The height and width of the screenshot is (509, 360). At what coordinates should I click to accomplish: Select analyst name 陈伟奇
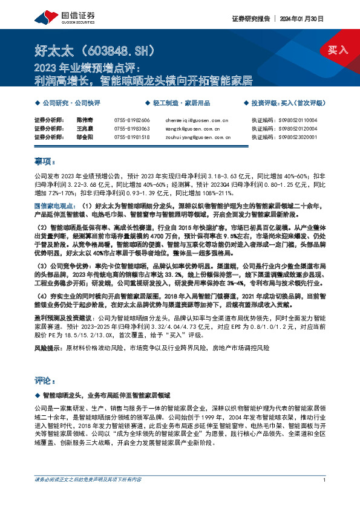(x=86, y=121)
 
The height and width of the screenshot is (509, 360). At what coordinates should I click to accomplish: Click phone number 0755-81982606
(x=131, y=121)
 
